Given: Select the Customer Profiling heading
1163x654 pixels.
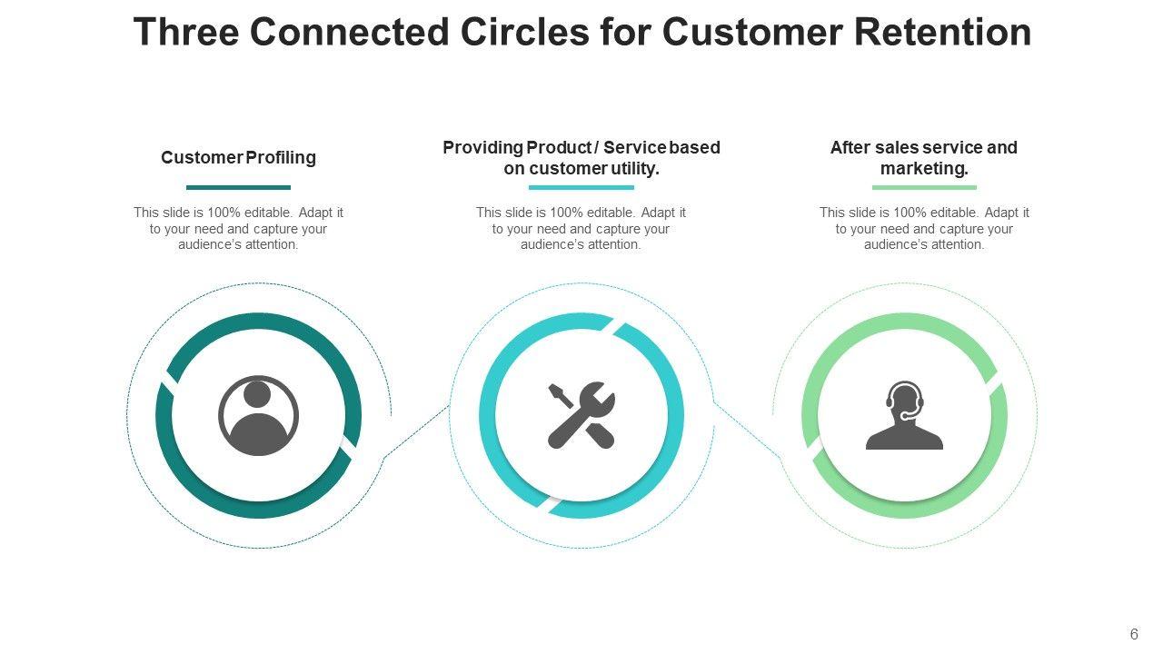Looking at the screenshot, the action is [x=238, y=157].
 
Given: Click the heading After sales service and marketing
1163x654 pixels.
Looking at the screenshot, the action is [x=923, y=158].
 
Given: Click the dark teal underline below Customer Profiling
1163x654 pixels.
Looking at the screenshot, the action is [x=238, y=188].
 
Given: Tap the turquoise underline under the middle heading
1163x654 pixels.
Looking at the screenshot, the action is [x=581, y=188].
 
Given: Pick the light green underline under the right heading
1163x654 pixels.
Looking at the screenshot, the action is [x=924, y=188].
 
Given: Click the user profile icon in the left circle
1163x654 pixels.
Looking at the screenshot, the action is [x=258, y=416].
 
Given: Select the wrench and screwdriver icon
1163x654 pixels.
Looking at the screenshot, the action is [x=581, y=415].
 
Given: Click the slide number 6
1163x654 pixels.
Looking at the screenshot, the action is [x=1134, y=635].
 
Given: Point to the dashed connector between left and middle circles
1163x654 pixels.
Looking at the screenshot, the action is [x=416, y=432].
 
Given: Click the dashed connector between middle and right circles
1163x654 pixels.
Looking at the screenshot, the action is [x=747, y=431].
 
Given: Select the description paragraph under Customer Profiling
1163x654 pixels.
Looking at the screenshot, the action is [x=238, y=228].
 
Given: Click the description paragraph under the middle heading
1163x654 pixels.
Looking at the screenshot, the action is [x=581, y=228].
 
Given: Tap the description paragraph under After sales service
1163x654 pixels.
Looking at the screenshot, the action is [x=924, y=228].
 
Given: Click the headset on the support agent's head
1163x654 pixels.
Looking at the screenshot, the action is [x=905, y=392].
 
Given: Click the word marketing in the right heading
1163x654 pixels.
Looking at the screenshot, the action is [x=922, y=169].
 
